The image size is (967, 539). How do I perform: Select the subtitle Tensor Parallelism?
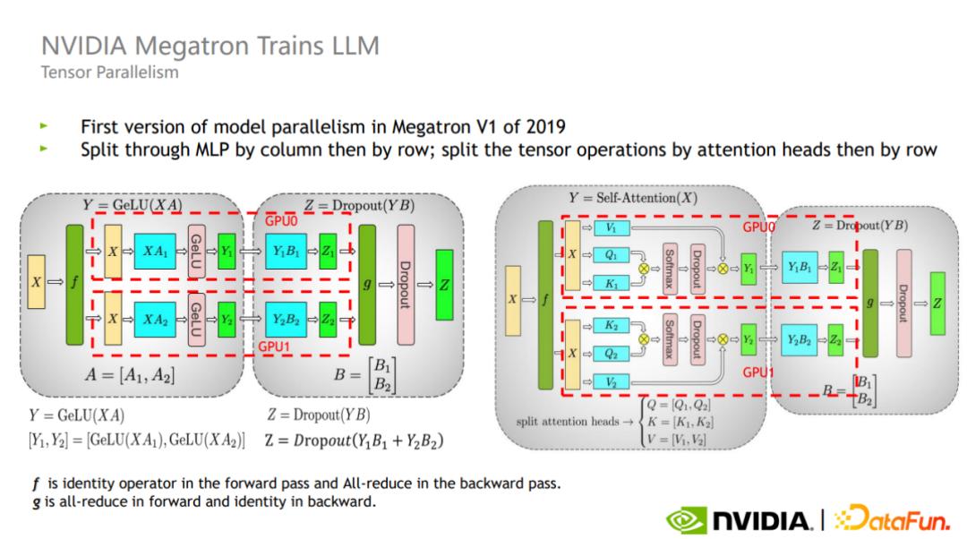[109, 73]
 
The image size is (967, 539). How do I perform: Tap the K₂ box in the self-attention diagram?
[611, 327]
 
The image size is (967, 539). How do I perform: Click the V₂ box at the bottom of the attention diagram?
[611, 382]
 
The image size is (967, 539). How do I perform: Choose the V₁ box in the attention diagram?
[611, 229]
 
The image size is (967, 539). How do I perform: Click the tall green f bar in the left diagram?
[73, 284]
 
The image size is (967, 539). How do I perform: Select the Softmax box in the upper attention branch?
[670, 267]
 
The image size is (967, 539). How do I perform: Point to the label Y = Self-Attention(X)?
[632, 197]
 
